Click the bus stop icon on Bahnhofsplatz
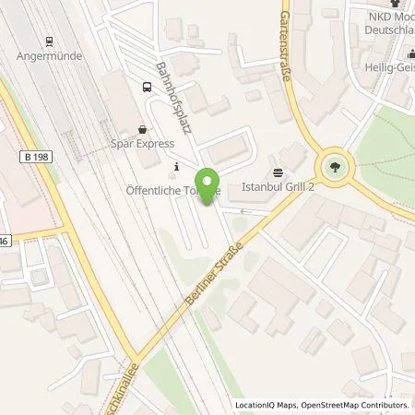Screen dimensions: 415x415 click(146, 87)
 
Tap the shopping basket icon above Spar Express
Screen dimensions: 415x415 click(142, 130)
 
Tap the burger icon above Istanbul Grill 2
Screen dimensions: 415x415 click(279, 172)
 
